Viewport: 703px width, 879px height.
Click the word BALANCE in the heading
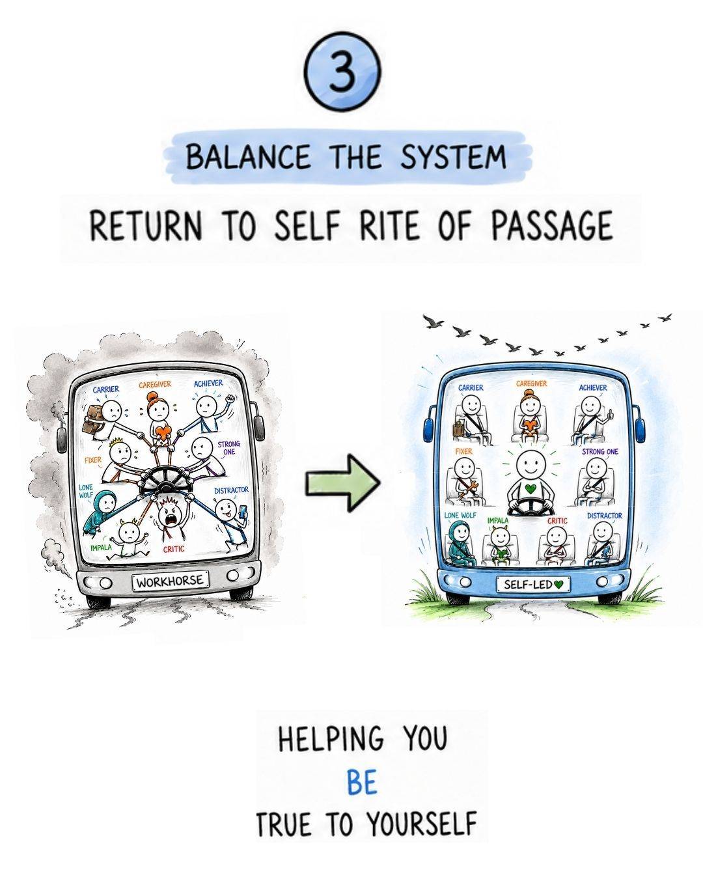click(x=248, y=157)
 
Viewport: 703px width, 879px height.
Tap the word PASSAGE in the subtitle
click(x=552, y=225)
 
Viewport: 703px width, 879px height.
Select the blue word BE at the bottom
click(x=362, y=783)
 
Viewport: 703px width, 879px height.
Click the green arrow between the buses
click(x=343, y=482)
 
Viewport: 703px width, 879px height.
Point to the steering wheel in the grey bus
click(x=166, y=481)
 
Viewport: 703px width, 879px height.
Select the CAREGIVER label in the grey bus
click(x=155, y=385)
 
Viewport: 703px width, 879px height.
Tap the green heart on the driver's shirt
click(x=530, y=488)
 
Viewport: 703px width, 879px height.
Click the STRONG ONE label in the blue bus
click(x=600, y=451)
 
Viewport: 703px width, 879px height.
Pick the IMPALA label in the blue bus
click(x=497, y=520)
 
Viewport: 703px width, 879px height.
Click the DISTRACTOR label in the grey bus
click(x=231, y=490)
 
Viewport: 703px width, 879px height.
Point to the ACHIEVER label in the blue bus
click(x=593, y=387)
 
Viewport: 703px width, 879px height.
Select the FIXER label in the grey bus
click(x=92, y=460)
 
